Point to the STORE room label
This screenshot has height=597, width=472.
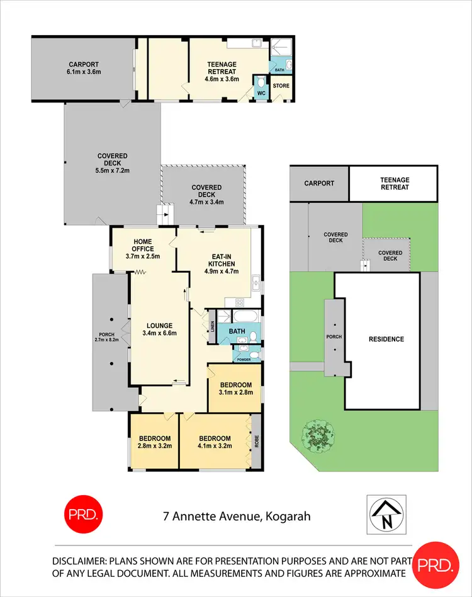point(281,86)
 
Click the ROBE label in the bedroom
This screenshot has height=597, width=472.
point(256,441)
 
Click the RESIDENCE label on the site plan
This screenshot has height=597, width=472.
point(386,339)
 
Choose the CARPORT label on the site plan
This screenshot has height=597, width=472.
point(319,183)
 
